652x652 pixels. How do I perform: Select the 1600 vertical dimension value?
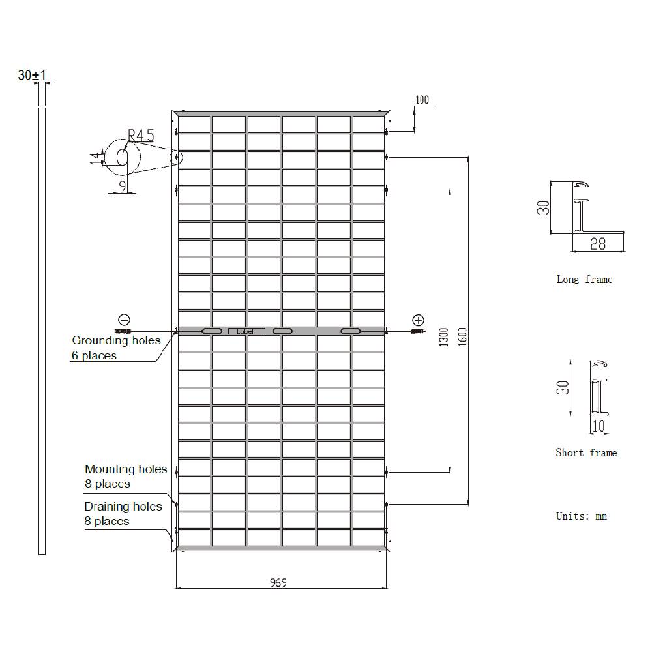[x=463, y=335]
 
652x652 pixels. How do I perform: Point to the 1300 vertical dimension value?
[x=444, y=336]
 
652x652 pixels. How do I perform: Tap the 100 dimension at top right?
[x=422, y=100]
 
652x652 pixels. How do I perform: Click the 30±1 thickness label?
[x=32, y=76]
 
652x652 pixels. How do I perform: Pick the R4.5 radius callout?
[x=141, y=136]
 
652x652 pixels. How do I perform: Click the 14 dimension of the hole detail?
[x=95, y=157]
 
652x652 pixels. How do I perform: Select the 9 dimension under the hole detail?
[x=121, y=186]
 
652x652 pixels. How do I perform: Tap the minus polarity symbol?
[x=124, y=319]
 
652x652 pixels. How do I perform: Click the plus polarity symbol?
[x=418, y=319]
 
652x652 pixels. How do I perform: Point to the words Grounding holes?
[x=116, y=340]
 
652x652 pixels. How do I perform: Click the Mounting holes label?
[x=126, y=469]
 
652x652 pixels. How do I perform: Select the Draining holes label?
[x=123, y=507]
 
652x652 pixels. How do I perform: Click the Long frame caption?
[x=584, y=280]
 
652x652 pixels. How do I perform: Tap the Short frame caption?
[x=585, y=452]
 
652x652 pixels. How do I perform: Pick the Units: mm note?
[x=581, y=516]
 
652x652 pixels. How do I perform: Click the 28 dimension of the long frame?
[x=597, y=244]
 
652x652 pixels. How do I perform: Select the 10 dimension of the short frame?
[x=599, y=426]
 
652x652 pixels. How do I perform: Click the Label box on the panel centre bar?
[x=246, y=332]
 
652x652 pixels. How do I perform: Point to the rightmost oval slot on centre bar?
[x=351, y=332]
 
